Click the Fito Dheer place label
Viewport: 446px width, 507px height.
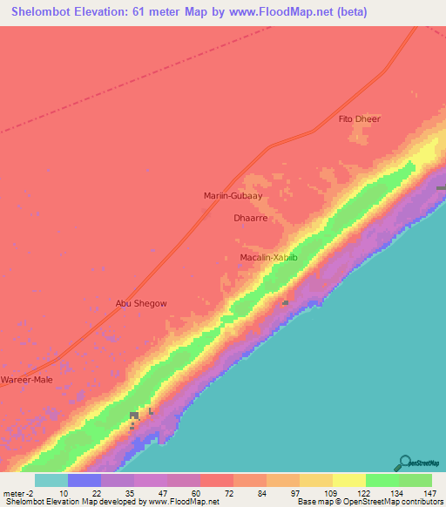[x=359, y=118]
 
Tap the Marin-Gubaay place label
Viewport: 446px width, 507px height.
[x=233, y=196]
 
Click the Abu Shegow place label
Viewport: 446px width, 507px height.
[x=141, y=303]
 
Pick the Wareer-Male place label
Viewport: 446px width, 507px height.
[x=26, y=380]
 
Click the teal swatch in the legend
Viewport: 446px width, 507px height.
[x=51, y=480]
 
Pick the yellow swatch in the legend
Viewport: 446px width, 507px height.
[x=348, y=480]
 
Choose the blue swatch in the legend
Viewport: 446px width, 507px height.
[x=84, y=480]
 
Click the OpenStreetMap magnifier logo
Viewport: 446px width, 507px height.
[x=403, y=463]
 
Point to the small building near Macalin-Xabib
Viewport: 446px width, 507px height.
[x=285, y=302]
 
